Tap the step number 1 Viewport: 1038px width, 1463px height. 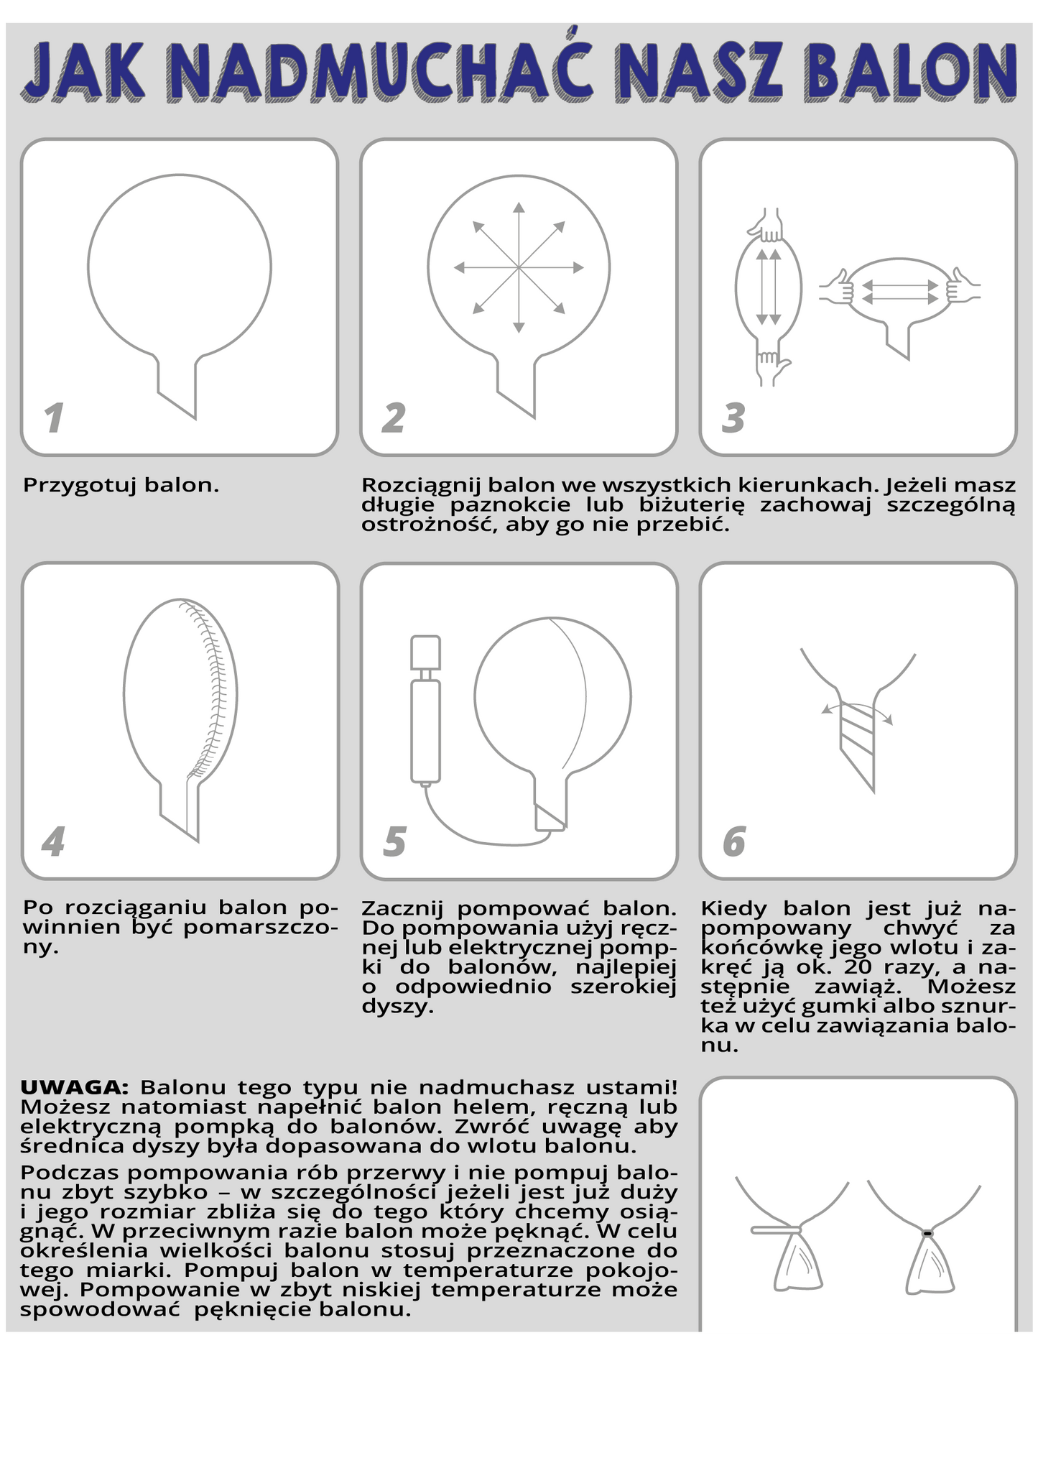[53, 418]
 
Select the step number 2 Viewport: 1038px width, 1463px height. [394, 418]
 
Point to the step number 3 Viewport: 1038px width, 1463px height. [733, 418]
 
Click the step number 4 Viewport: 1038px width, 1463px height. [53, 841]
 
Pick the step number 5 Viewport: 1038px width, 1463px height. [394, 841]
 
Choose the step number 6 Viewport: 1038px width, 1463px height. [734, 841]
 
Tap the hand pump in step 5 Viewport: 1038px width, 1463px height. [425, 709]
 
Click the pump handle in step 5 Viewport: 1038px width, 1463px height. [425, 652]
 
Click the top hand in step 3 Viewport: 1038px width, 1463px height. [767, 225]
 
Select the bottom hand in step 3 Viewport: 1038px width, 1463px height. [770, 367]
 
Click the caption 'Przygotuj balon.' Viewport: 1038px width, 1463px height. [121, 486]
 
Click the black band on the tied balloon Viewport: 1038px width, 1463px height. [927, 1233]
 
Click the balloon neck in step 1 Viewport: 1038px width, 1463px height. [177, 386]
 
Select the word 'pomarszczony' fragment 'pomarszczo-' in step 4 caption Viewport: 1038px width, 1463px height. [261, 928]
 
